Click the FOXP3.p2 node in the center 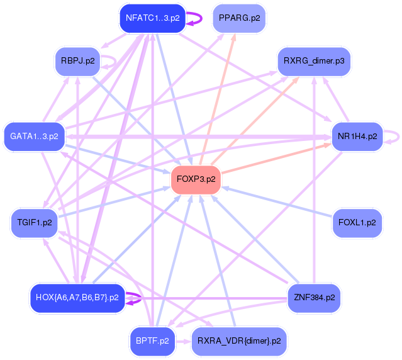[x=196, y=179]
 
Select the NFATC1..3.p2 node [x=152, y=18]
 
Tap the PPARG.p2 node [x=239, y=18]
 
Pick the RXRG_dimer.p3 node [x=313, y=62]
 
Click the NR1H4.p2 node [x=357, y=136]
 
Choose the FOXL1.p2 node [x=357, y=222]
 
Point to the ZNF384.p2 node [x=313, y=296]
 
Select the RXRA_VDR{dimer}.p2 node [x=238, y=341]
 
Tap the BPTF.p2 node [x=152, y=341]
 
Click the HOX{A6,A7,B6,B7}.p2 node [x=77, y=297]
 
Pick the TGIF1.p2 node [x=35, y=223]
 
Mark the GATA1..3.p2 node [x=34, y=136]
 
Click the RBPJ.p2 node [x=77, y=62]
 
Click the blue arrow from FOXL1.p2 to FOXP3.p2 [x=277, y=201]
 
